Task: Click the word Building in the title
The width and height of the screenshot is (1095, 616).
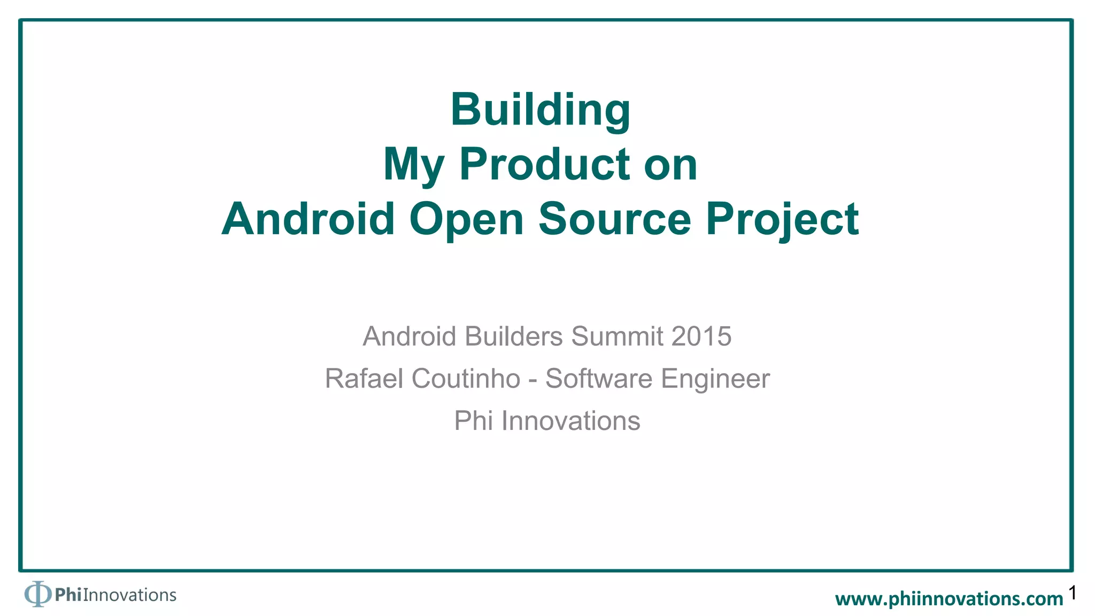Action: click(541, 110)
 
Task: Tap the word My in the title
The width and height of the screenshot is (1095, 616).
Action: click(413, 165)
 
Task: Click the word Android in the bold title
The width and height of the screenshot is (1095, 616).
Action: click(308, 219)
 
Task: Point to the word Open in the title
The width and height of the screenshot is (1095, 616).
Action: click(466, 220)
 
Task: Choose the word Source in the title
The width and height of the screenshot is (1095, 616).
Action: click(614, 219)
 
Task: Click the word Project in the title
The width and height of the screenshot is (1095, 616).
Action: click(782, 220)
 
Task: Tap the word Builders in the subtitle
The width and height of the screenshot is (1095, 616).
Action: click(513, 336)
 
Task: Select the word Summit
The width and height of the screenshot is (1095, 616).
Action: click(617, 336)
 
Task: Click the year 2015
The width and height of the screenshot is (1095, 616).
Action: click(701, 336)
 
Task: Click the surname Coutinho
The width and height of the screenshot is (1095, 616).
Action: click(466, 379)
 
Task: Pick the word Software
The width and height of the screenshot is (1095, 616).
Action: click(598, 379)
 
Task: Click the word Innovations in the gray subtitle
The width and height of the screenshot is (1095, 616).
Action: click(570, 421)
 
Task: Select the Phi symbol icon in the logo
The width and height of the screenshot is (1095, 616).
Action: click(37, 594)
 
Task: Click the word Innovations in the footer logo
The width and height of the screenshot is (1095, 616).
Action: click(129, 595)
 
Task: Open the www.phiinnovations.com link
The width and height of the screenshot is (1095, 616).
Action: click(949, 599)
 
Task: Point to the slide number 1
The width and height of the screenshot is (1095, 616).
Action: click(1073, 593)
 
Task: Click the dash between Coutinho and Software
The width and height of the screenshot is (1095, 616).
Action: click(533, 380)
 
